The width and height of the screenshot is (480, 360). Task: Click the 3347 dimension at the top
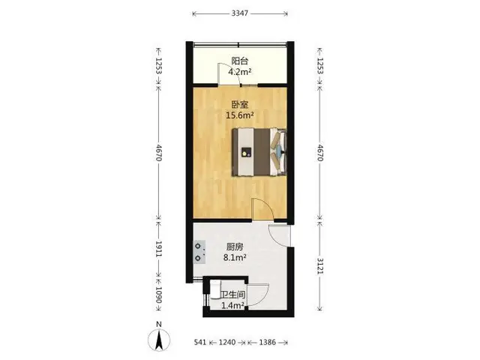(x=240, y=13)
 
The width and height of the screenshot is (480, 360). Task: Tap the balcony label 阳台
(x=240, y=61)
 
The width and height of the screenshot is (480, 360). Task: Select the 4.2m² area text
(x=240, y=72)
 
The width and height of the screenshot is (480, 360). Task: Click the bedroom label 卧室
(x=240, y=105)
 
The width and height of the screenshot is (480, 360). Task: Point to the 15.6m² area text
(x=240, y=115)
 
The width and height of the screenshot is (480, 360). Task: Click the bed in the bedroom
(x=259, y=152)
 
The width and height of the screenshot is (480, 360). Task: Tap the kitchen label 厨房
(x=235, y=247)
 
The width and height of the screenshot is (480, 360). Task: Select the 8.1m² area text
(x=235, y=258)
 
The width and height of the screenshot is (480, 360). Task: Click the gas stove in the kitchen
(x=199, y=252)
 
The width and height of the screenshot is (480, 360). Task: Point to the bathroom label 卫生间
(x=233, y=295)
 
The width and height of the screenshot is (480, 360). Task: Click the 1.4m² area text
(x=232, y=305)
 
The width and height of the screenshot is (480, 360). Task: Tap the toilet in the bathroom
(x=215, y=289)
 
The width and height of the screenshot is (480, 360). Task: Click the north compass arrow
(x=159, y=340)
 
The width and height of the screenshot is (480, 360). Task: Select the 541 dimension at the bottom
(x=200, y=342)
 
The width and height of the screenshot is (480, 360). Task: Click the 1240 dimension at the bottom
(x=227, y=342)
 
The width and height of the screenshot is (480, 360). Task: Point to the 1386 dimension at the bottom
(x=268, y=342)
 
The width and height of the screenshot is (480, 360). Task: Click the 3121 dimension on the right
(x=320, y=266)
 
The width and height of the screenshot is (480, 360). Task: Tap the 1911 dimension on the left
(x=158, y=249)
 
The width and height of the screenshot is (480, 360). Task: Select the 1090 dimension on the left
(x=158, y=295)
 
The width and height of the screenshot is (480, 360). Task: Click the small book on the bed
(x=246, y=152)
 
